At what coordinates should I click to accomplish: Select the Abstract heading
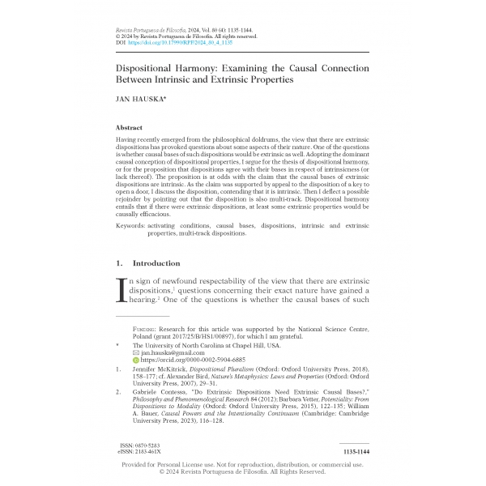point(130,128)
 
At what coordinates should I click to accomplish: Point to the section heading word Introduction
point(156,263)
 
